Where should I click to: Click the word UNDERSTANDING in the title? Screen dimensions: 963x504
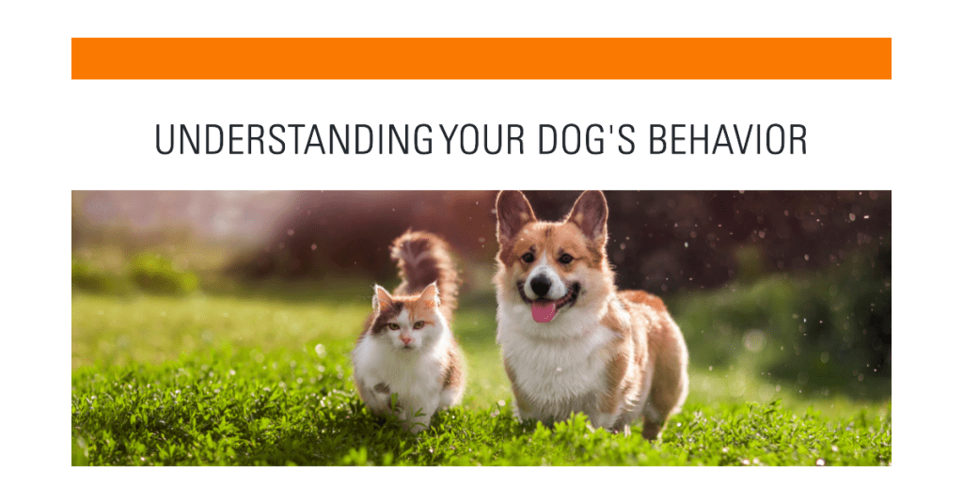[293, 139]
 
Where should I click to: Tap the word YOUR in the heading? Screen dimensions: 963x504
[482, 139]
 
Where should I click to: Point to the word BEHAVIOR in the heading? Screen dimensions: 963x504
[728, 139]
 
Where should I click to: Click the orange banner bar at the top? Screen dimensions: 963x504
[481, 58]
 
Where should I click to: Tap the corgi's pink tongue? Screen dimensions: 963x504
[544, 310]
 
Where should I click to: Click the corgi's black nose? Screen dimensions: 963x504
[541, 284]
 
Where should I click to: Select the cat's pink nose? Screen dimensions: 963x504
[405, 339]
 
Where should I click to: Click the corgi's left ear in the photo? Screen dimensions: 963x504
[513, 215]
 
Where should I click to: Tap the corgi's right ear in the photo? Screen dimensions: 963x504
[589, 215]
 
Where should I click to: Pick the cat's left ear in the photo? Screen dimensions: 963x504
[382, 298]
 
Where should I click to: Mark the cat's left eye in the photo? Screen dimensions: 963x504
[391, 326]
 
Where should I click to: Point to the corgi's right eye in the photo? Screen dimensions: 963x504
[566, 259]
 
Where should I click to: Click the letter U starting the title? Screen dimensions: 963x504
[164, 139]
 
